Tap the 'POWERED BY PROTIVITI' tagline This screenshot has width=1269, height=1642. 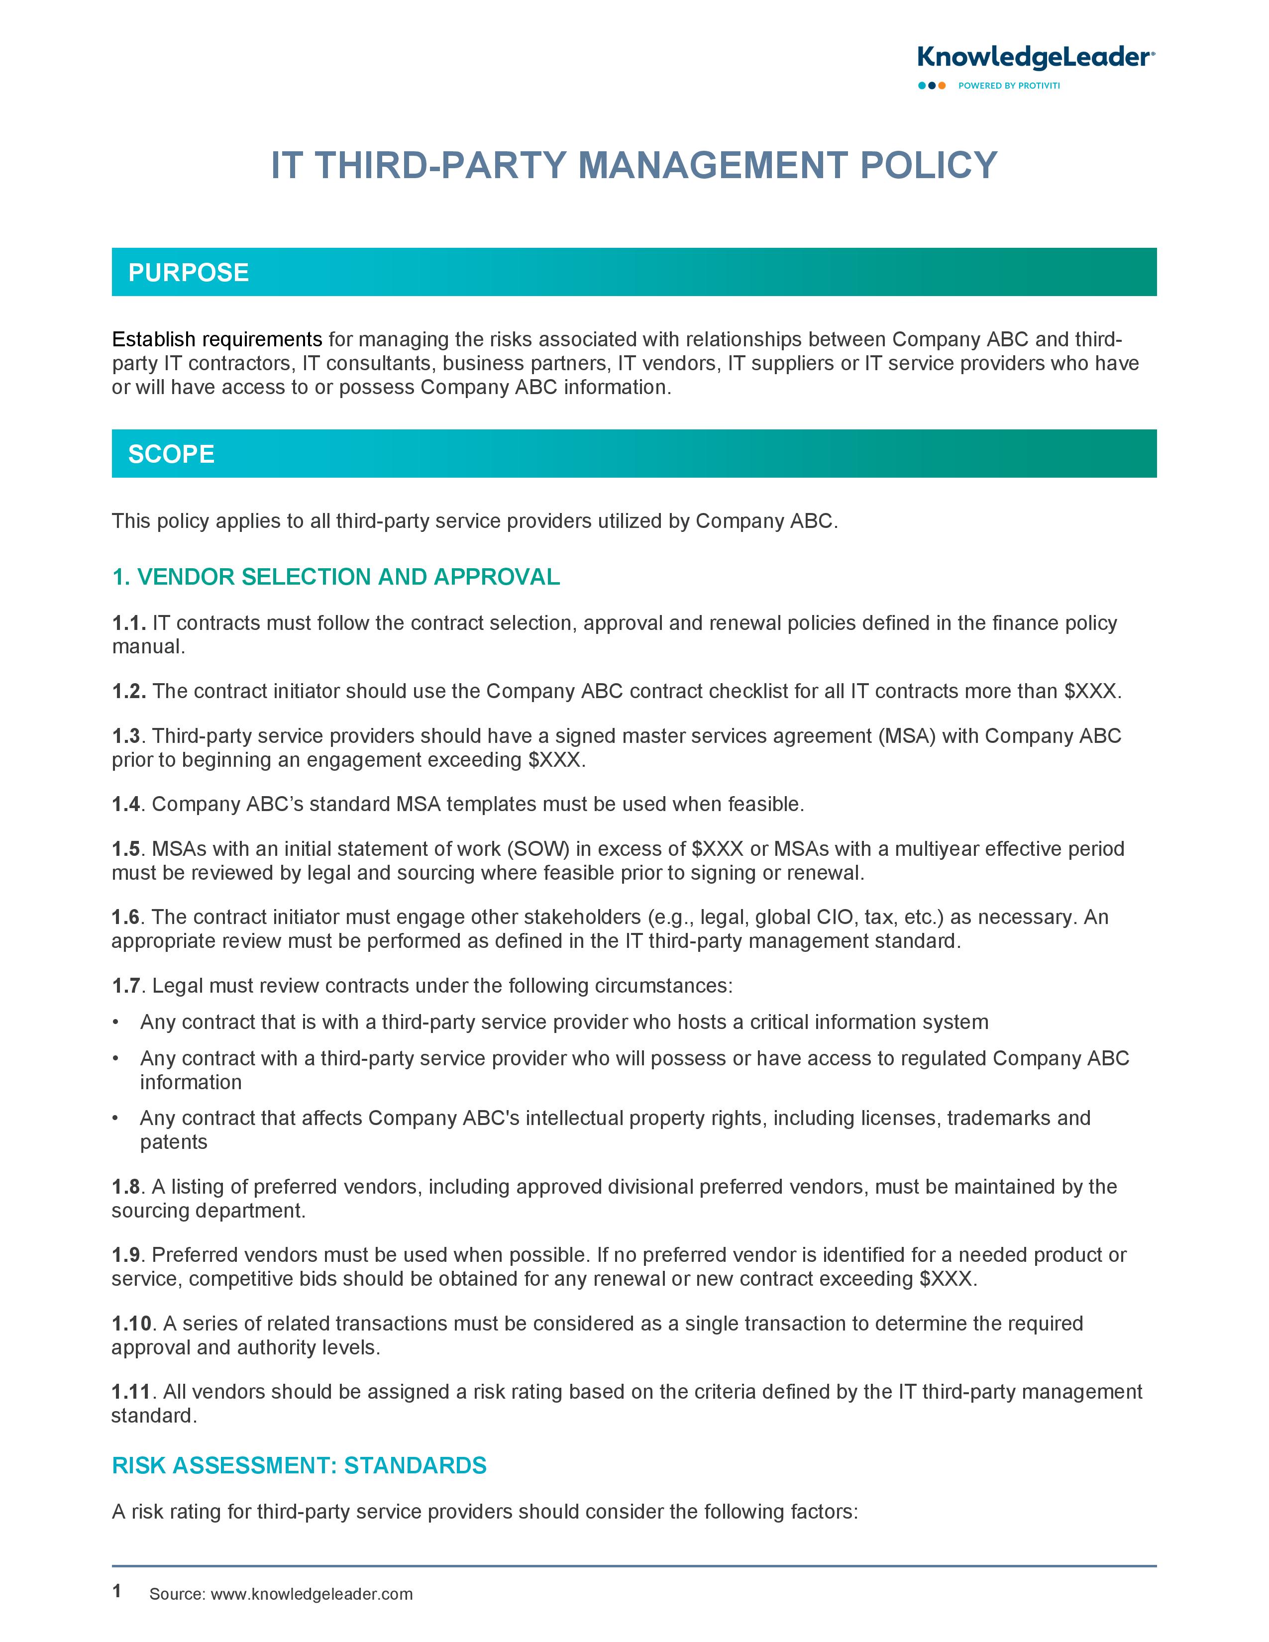click(x=1008, y=86)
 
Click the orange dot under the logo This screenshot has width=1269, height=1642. click(x=942, y=86)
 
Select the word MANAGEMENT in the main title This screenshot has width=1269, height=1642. click(x=713, y=165)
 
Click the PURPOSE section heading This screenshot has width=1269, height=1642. click(x=188, y=272)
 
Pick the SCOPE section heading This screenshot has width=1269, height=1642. click(x=171, y=454)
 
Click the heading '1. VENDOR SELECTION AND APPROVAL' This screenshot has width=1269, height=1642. click(x=335, y=577)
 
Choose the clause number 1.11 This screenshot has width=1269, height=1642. click(x=131, y=1392)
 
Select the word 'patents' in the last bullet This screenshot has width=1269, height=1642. click(x=174, y=1142)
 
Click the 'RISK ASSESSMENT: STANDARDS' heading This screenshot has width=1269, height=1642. click(x=299, y=1465)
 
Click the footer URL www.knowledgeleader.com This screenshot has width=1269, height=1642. click(x=311, y=1594)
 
